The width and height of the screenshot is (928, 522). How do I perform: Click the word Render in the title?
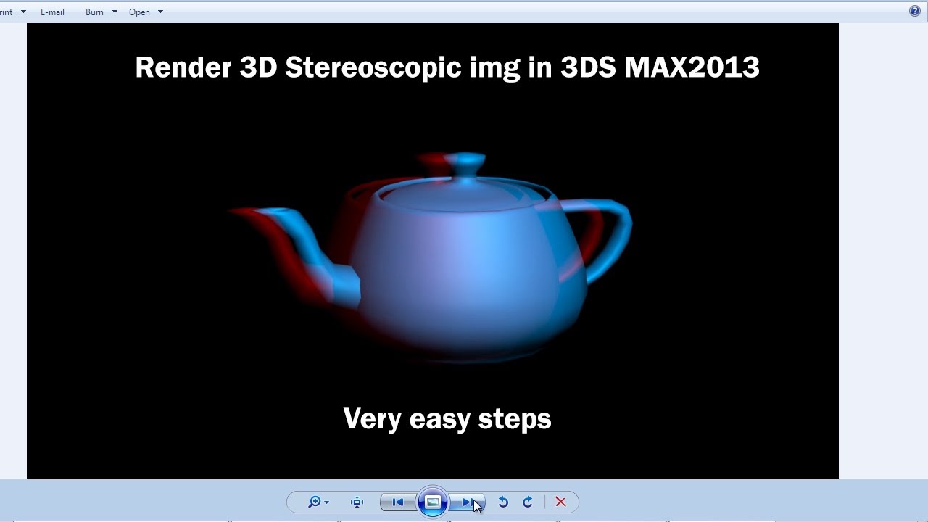[181, 67]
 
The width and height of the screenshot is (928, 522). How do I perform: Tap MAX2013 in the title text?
[692, 67]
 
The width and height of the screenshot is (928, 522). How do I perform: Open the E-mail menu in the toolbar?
[52, 12]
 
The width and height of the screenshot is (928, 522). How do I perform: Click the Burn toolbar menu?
[95, 12]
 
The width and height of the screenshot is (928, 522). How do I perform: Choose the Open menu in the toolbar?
[139, 12]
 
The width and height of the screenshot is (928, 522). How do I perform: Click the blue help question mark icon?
[915, 11]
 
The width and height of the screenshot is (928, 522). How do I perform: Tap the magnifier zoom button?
[315, 502]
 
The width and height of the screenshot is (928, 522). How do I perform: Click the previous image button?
[397, 502]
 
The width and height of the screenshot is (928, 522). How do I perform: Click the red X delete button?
[560, 502]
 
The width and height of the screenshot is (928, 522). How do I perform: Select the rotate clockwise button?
[528, 502]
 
